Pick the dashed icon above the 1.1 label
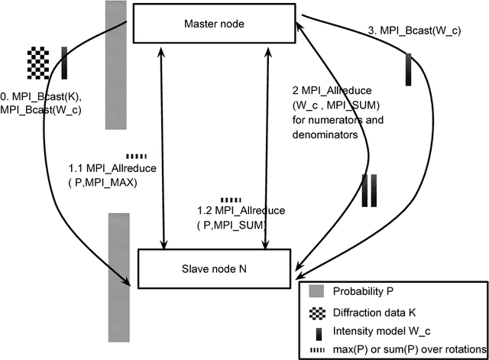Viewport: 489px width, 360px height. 136,155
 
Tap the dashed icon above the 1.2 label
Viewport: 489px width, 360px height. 230,199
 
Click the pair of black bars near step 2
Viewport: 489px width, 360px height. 369,190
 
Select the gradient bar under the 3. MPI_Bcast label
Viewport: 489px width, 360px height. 409,69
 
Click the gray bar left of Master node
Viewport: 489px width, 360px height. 115,65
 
